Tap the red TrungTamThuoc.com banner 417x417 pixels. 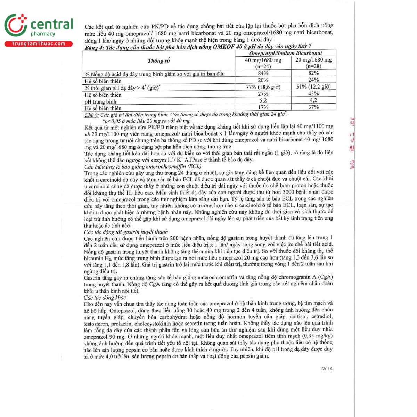coord(38,44)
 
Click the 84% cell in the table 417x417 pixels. coord(263,73)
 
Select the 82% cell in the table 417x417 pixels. coord(313,73)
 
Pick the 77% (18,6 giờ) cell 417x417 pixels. coord(263,87)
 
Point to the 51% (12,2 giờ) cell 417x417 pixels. coord(313,87)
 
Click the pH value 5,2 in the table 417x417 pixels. coord(263,100)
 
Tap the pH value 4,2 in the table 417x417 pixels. coord(313,100)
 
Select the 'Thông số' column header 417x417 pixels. coord(158,61)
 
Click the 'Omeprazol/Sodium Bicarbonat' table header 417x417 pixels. coord(285,53)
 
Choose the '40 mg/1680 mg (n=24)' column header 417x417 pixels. coord(263,63)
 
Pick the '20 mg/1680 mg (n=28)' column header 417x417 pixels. coord(313,63)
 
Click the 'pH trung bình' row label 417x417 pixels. coord(100,102)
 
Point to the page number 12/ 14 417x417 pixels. coord(326,368)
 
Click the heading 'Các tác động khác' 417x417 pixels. coord(105,297)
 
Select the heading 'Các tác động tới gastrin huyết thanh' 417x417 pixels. coord(126,232)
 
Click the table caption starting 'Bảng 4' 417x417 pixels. coord(198,47)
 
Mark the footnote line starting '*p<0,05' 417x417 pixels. coord(146,121)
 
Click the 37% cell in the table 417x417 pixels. coord(313,107)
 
